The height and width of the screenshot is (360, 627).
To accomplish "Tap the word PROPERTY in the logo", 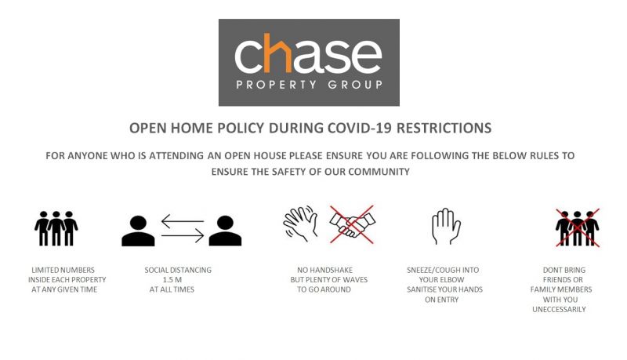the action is pos(276,85).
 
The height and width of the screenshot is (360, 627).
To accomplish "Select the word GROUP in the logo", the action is pos(355,85).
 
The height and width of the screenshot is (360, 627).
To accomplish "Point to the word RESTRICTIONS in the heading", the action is pos(444,128).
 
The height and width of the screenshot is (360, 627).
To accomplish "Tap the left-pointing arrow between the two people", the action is pos(183,221).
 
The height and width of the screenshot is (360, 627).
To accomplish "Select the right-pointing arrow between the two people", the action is pos(183,235).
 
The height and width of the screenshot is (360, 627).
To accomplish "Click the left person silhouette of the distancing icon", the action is pos(138,231).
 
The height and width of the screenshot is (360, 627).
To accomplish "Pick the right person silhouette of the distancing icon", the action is pos(225,231).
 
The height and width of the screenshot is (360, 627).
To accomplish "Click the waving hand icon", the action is pos(301,224).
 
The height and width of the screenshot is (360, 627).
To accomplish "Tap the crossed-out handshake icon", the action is pos(352,224).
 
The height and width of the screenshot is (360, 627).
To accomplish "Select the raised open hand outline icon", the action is pos(446,226).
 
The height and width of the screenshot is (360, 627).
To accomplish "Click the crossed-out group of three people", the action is pos(578,227).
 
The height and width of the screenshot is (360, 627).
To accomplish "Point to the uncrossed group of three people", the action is pos(56,228).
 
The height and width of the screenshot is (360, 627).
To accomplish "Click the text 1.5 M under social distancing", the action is pos(172,279).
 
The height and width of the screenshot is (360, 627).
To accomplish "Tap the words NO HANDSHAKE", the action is pos(324,270).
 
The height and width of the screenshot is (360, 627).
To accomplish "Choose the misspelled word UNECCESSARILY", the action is pos(559,309).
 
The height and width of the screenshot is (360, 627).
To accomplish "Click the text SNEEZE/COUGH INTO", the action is pos(443,270).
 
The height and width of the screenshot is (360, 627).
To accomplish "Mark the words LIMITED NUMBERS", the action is pos(63,270).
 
